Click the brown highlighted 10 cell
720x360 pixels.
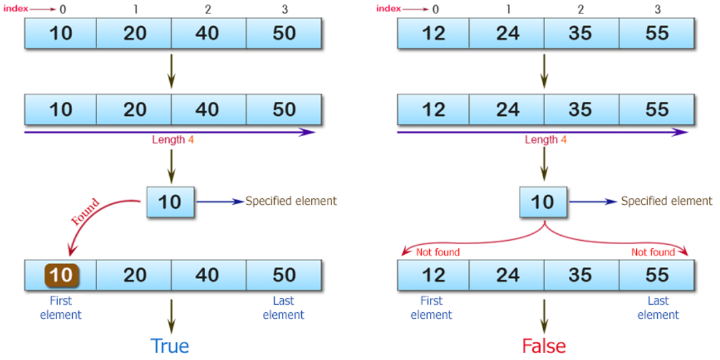coord(60,275)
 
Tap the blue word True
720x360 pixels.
coord(170,346)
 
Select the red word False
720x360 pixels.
coord(544,346)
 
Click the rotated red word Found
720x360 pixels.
coord(85,212)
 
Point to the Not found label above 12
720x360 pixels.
coord(437,252)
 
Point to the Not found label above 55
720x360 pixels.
coord(653,252)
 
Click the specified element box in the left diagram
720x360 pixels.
coord(170,202)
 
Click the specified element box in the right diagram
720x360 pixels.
coord(543,202)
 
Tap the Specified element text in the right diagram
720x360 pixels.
coord(666,201)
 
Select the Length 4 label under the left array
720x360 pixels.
coord(173,140)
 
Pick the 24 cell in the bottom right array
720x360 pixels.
coord(507,275)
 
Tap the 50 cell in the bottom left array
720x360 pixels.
coord(284,275)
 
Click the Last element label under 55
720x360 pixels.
coord(658,308)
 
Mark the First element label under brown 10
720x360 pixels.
coord(60,308)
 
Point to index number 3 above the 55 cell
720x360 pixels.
coord(657,9)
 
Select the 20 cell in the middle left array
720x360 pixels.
coord(134,109)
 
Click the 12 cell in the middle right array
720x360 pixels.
coord(433,109)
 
